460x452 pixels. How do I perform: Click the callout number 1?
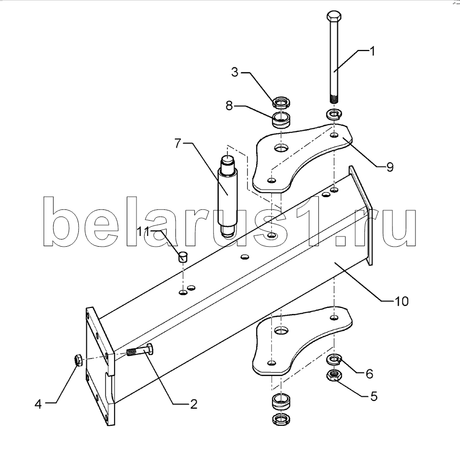tap(372, 52)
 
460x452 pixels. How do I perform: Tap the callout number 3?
tap(235, 72)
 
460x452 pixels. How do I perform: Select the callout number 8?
tap(229, 106)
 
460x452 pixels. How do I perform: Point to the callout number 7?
tap(177, 144)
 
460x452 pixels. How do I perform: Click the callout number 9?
tap(389, 167)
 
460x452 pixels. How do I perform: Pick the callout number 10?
tap(402, 301)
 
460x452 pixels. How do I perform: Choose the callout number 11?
tap(144, 224)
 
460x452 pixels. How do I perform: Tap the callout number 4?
tap(38, 404)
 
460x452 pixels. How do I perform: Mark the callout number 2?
tap(194, 405)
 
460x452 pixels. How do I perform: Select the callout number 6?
tap(369, 374)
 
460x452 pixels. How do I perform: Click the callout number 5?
tap(374, 396)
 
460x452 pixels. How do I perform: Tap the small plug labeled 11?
tap(183, 256)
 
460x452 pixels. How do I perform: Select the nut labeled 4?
tap(78, 360)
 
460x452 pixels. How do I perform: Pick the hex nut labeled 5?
tap(334, 375)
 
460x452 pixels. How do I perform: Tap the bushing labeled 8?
tap(281, 121)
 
